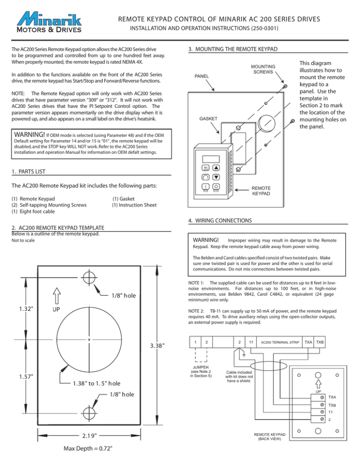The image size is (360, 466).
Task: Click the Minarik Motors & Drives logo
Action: point(49,23)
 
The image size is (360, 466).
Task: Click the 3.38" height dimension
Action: point(154,346)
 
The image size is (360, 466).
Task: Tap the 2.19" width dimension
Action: point(89,436)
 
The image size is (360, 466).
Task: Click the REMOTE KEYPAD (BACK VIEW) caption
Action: point(267,436)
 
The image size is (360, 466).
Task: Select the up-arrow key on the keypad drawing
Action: point(216,167)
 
